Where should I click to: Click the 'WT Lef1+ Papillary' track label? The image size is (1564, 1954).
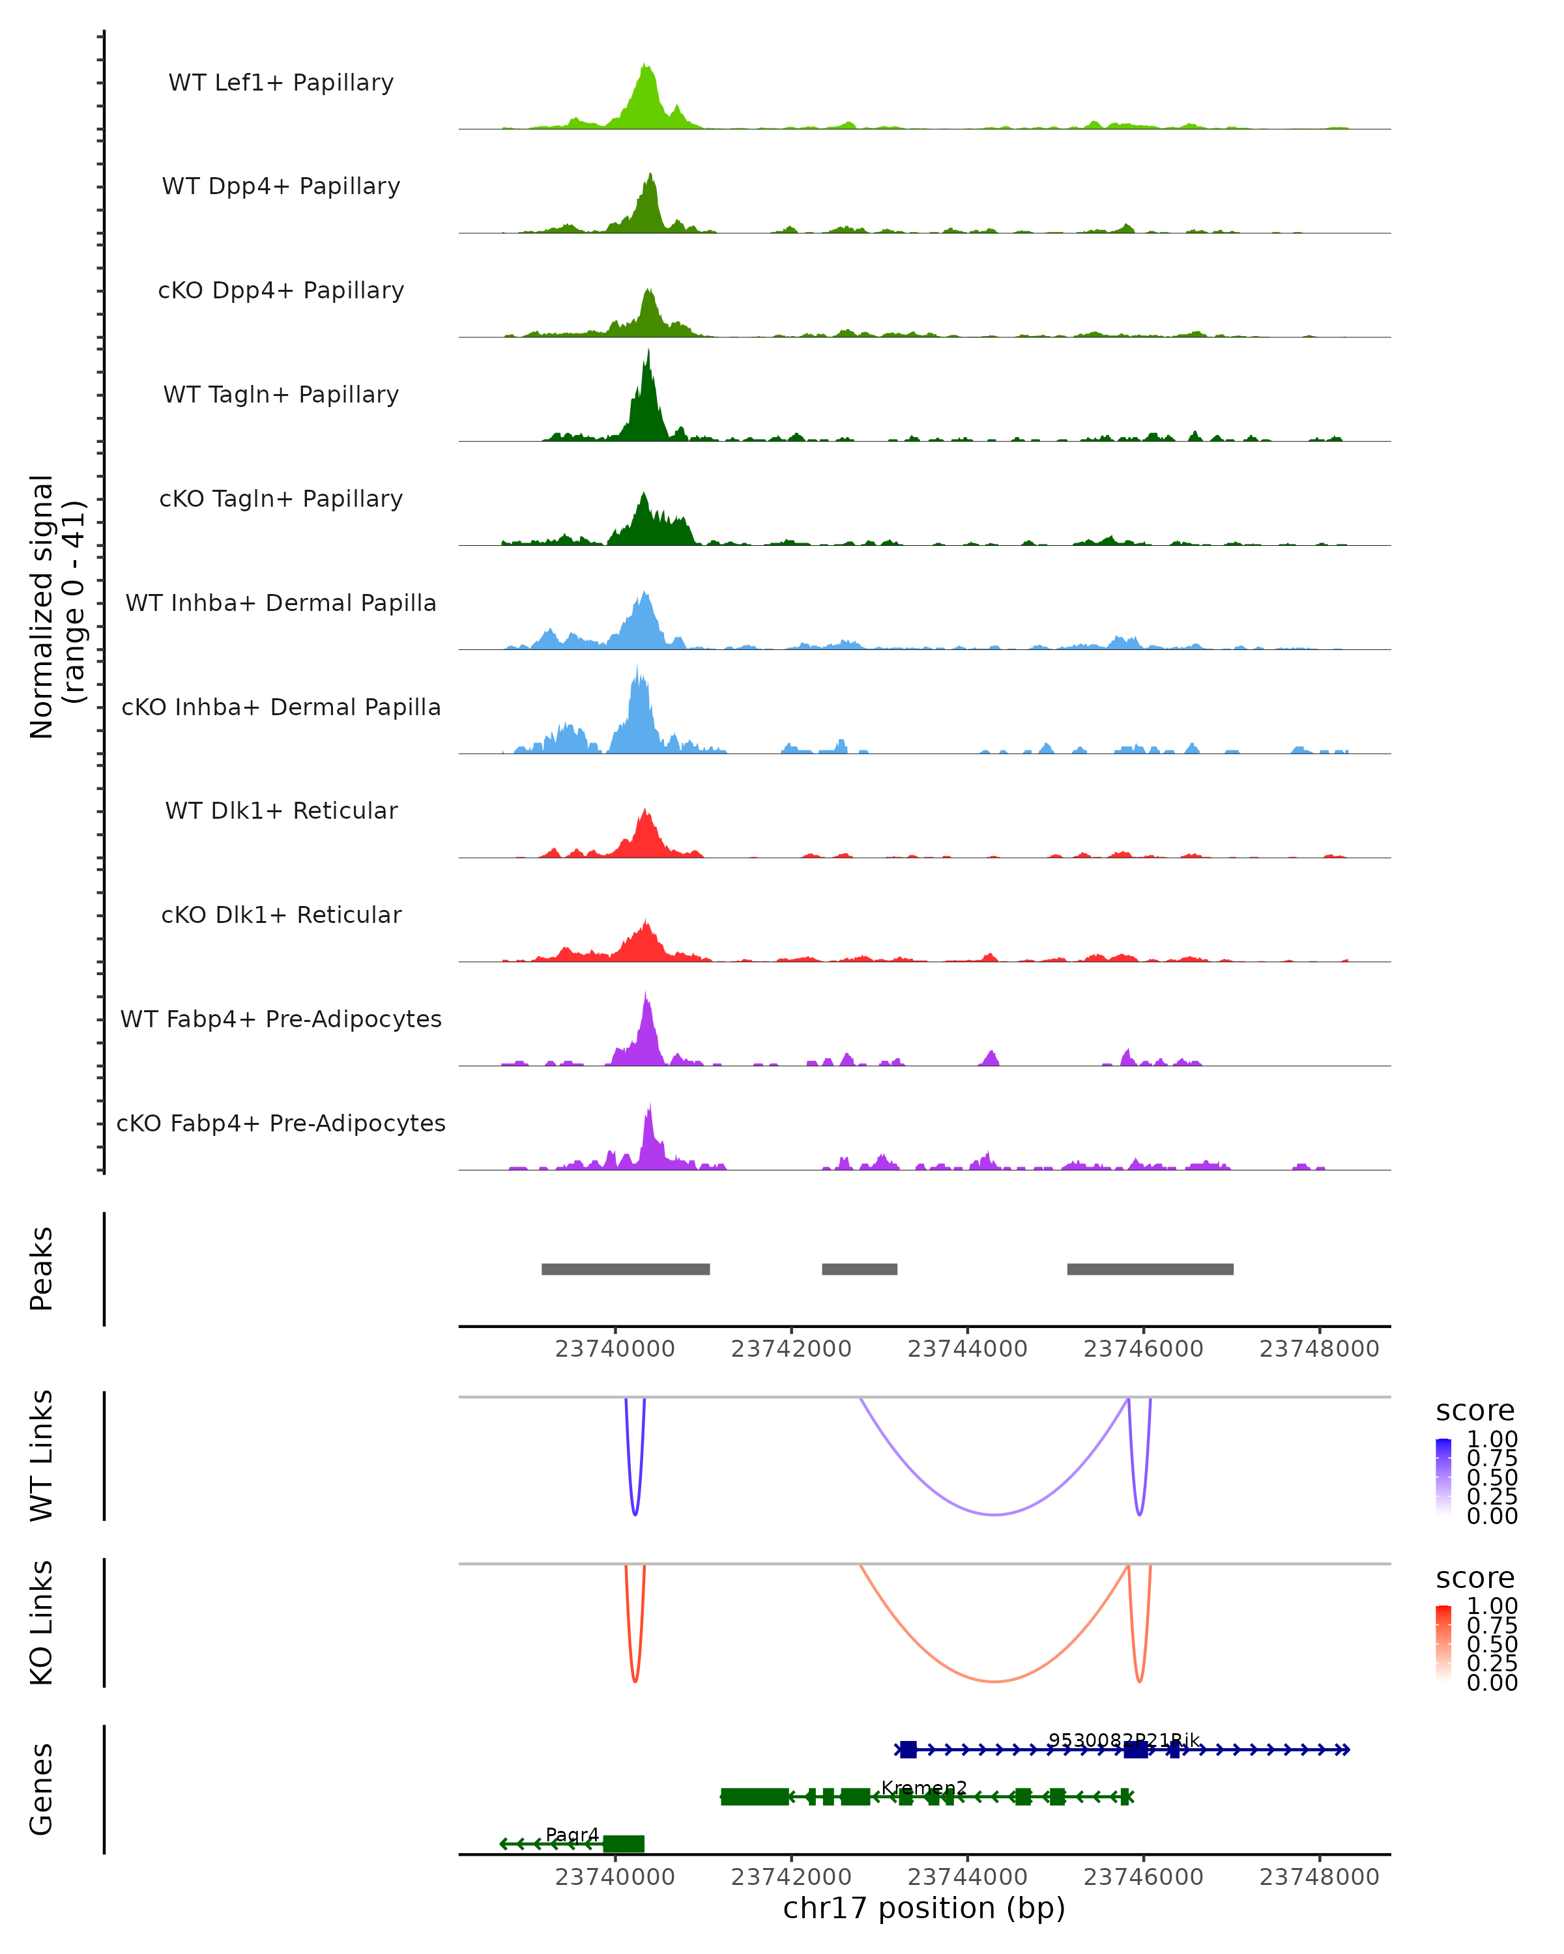click(281, 83)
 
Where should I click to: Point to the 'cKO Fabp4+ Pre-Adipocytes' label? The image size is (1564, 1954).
click(281, 1123)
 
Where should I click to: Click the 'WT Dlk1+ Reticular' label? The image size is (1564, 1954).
click(281, 810)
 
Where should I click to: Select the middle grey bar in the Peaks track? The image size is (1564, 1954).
click(860, 1269)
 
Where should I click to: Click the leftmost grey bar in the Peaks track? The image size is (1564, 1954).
click(626, 1269)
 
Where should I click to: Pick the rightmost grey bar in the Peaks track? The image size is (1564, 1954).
click(1150, 1269)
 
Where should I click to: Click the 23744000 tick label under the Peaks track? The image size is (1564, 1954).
click(968, 1349)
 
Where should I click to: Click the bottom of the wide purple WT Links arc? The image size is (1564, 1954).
click(994, 1514)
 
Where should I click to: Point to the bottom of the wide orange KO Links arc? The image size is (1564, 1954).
click(994, 1681)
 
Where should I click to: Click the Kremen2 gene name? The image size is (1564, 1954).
click(924, 1788)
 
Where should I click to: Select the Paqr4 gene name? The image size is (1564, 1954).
click(572, 1834)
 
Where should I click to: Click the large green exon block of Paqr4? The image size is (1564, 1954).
click(624, 1843)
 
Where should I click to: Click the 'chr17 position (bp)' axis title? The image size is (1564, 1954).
click(924, 1908)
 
